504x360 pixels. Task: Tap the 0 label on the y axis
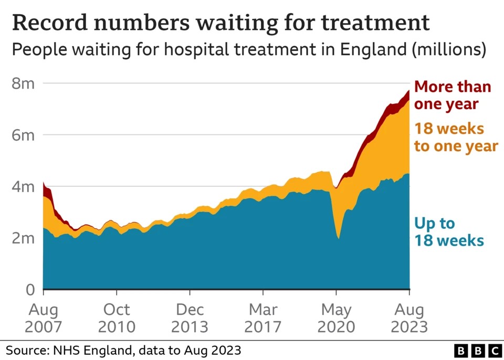tap(30, 290)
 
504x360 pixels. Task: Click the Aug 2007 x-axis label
tap(43, 318)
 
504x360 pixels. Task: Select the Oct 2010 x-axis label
tap(116, 318)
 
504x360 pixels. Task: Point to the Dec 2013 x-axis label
tap(190, 318)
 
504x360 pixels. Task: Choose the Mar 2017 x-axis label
tap(263, 318)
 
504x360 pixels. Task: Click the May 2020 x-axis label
tap(337, 318)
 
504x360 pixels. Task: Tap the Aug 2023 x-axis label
tap(409, 318)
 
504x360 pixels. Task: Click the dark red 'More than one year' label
tap(452, 95)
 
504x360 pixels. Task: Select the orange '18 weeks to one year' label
tap(456, 137)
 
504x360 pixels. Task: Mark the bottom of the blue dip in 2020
tap(339, 239)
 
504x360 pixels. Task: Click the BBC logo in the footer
tap(478, 350)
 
